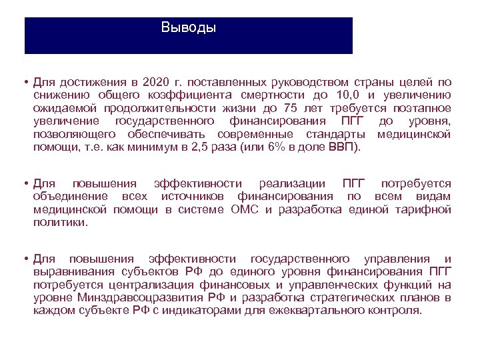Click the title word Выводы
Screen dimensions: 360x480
click(x=189, y=28)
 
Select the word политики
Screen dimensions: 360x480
click(x=61, y=222)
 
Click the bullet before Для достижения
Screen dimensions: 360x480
click(x=23, y=83)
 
